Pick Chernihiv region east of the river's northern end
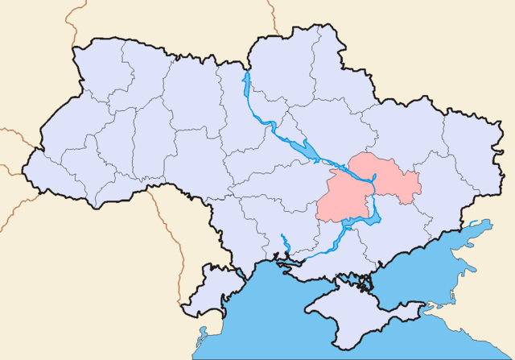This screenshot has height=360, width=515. [290, 64]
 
